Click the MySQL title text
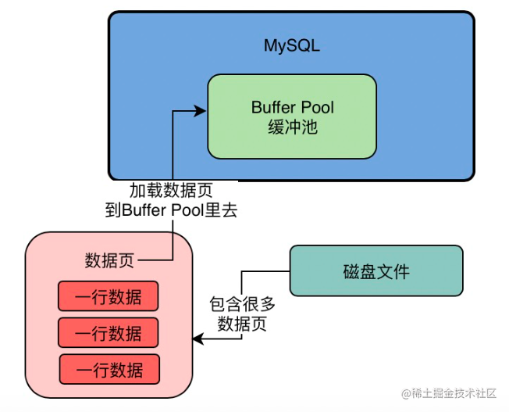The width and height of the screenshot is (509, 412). coord(292,46)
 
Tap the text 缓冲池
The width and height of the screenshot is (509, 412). coord(292,127)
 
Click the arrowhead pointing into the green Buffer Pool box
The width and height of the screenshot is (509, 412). coord(201,112)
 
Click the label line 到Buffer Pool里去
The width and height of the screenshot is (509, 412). coord(171,210)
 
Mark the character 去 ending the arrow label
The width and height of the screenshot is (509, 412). coord(229,210)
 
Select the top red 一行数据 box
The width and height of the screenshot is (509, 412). coord(109,296)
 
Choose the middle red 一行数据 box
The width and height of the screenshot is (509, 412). coord(109,332)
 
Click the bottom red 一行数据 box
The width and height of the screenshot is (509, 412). coord(109,369)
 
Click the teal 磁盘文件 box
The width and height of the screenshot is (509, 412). coord(376,271)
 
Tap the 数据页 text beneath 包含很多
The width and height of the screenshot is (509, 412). coord(243,324)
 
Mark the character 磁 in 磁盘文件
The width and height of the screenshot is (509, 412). coord(351,272)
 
